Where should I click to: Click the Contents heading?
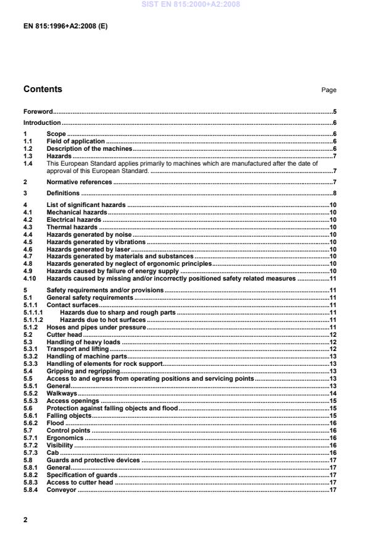(x=43, y=89)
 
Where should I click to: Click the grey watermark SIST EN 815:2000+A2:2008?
(x=191, y=4)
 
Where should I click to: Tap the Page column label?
(x=329, y=90)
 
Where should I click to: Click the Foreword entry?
(x=38, y=112)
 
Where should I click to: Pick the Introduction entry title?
(x=42, y=123)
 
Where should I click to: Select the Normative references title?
(x=80, y=182)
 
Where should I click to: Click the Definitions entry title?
(x=64, y=193)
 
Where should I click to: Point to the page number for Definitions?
(x=333, y=193)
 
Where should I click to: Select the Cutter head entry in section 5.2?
(x=64, y=334)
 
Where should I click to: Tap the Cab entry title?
(x=52, y=452)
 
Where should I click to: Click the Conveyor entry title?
(x=62, y=490)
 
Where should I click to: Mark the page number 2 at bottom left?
(x=25, y=520)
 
